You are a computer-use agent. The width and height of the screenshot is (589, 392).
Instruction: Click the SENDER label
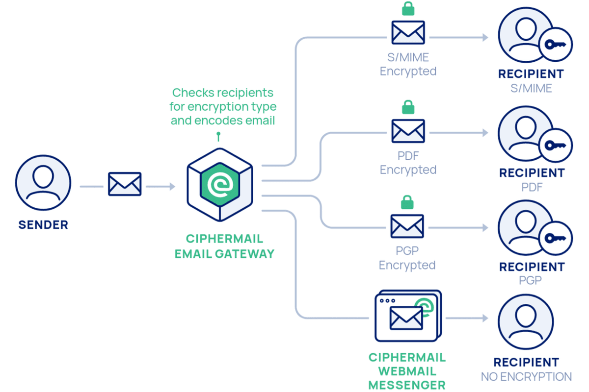[x=43, y=225]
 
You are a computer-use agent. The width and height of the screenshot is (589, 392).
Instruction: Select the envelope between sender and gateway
[x=125, y=184]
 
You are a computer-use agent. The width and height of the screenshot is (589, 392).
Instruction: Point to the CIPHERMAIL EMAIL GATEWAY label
[x=224, y=246]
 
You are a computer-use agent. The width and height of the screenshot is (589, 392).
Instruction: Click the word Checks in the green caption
[x=192, y=93]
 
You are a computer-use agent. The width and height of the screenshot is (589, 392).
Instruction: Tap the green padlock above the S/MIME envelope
[x=408, y=8]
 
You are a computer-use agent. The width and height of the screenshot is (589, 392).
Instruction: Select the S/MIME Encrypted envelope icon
[x=408, y=32]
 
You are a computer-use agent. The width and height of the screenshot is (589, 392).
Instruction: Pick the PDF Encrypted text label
[x=408, y=163]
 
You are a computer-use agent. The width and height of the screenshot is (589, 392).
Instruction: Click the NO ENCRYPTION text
[x=526, y=377]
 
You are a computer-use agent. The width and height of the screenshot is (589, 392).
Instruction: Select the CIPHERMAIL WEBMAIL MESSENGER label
[x=407, y=371]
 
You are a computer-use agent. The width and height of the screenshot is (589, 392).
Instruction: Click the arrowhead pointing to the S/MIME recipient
[x=485, y=37]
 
